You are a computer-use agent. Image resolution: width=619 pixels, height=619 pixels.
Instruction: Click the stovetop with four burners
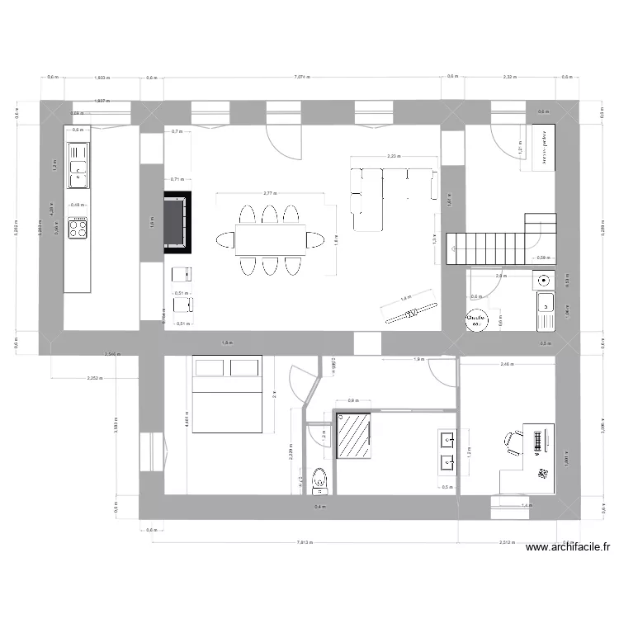[x=78, y=228]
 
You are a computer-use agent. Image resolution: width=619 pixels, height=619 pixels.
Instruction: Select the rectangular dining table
[x=270, y=239]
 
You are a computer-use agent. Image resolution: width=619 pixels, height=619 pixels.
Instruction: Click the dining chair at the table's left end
[x=225, y=239]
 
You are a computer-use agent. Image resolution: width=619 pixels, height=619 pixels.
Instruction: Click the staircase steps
[x=487, y=248]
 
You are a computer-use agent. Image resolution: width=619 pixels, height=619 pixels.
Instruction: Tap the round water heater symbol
[x=476, y=319]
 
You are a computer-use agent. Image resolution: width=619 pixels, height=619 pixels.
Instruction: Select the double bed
[x=227, y=394]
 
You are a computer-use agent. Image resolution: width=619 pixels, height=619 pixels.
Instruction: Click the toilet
[x=320, y=479]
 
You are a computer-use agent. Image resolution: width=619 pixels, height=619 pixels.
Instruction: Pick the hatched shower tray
[x=353, y=435]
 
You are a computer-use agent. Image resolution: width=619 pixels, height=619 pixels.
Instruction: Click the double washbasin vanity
[x=447, y=451]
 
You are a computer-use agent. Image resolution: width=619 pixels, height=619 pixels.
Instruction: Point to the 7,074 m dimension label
[x=302, y=77]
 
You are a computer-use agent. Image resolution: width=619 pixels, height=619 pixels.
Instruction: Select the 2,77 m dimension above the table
[x=269, y=193]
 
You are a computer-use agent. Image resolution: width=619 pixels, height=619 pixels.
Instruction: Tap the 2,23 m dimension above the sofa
[x=392, y=155]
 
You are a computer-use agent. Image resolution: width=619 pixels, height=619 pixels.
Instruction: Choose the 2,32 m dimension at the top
[x=508, y=77]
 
